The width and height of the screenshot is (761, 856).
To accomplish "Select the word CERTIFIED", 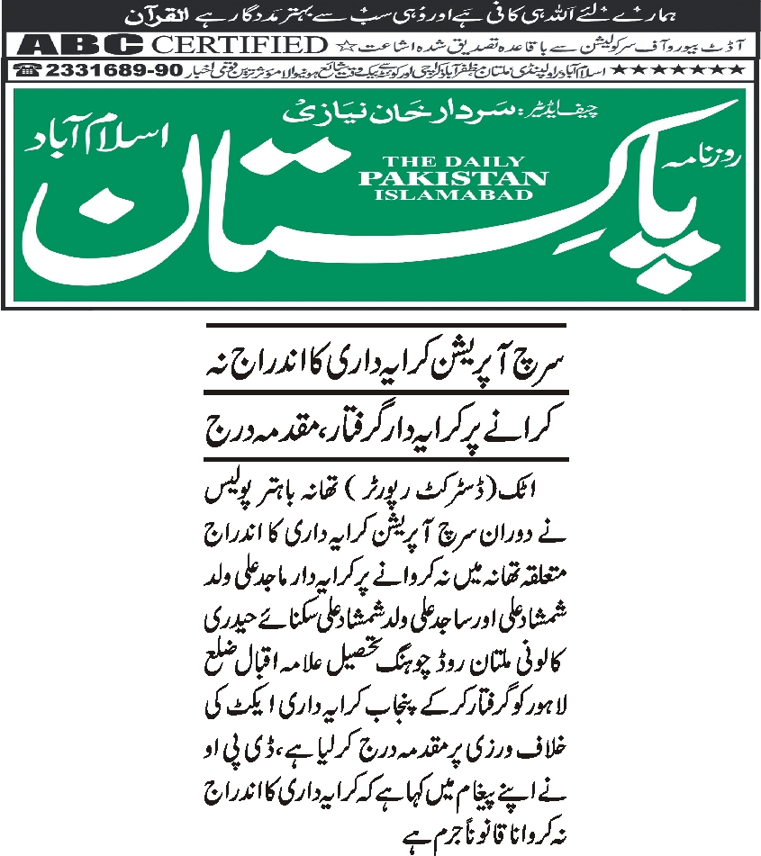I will click(x=238, y=44).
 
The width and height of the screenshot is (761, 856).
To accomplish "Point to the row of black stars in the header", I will click(x=693, y=70).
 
